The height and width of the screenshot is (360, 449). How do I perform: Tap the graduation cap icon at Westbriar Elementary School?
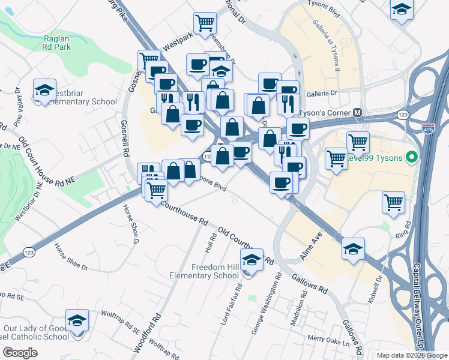(44, 90)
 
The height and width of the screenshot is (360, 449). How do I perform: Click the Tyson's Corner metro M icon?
(358, 112)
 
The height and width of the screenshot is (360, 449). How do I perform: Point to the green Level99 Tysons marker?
(411, 158)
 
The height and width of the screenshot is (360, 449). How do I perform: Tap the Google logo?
(20, 353)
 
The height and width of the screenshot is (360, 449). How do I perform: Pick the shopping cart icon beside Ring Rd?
(393, 202)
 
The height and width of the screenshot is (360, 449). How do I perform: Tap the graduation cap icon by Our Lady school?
(77, 320)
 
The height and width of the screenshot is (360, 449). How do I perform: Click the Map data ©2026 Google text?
(411, 355)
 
